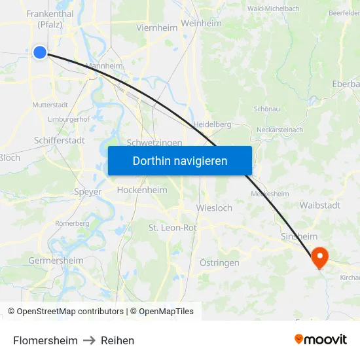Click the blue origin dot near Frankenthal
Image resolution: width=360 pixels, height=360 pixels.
(40, 52)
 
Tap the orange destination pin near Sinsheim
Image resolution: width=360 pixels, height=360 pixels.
(320, 256)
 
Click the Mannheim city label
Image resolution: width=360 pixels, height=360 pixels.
(105, 66)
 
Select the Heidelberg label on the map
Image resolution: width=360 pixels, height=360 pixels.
(213, 124)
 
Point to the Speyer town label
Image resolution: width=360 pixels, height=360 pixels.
(88, 192)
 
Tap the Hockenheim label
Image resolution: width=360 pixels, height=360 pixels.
(141, 190)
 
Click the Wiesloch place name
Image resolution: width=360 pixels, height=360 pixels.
(214, 208)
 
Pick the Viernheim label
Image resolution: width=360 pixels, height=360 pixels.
(157, 27)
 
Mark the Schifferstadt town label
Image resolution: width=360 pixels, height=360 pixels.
(59, 140)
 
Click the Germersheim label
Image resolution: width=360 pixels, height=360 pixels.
(56, 261)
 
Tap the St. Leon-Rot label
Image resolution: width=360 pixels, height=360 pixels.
(173, 228)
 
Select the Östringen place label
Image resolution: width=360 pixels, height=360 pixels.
(219, 262)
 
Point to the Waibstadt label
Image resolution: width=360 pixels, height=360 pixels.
(320, 205)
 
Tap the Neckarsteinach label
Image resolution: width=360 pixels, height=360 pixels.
(279, 130)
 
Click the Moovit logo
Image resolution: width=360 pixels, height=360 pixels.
(321, 339)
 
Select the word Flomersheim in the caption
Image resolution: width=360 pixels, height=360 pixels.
(45, 340)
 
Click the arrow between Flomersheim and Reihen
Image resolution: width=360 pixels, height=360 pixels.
(89, 340)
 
